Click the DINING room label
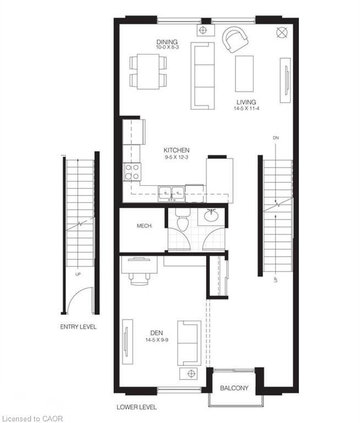167,42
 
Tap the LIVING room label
246,102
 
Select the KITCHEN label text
176,150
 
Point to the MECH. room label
145,226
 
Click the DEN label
157,333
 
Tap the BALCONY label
234,388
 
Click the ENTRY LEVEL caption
78,327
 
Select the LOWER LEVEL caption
137,407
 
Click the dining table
148,72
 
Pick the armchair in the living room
235,39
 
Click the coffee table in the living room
244,74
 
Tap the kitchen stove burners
132,172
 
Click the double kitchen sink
172,193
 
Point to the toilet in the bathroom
183,220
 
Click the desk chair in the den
139,279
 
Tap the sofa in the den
189,343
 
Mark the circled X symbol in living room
282,32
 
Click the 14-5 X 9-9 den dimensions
157,340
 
